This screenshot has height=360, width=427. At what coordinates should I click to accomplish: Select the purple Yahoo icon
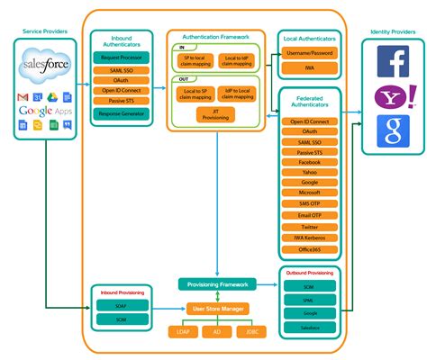pos(392,96)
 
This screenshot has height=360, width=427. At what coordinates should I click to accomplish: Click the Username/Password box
pos(309,53)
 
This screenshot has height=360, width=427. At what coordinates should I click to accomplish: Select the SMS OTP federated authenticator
pos(309,203)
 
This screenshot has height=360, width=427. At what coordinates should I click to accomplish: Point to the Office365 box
pos(309,249)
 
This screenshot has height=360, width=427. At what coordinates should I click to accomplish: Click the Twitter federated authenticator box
pos(309,227)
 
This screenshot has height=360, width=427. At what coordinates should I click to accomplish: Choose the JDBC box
pos(250,332)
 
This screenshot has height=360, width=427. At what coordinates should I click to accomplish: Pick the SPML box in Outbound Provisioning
pos(308,300)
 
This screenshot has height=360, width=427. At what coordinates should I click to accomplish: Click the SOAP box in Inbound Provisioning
pos(120,305)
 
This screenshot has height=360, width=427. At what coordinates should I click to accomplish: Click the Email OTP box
pos(309,215)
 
